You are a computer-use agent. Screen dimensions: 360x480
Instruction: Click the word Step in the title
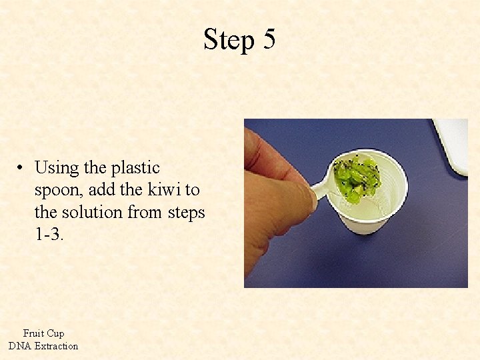click(x=229, y=40)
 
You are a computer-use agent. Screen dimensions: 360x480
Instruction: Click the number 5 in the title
click(x=269, y=39)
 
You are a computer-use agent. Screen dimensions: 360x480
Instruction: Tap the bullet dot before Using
click(x=22, y=168)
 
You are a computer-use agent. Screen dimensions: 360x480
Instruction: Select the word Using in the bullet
click(x=56, y=168)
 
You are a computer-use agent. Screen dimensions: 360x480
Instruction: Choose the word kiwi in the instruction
click(x=160, y=190)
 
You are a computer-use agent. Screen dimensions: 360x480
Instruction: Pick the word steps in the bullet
click(x=186, y=212)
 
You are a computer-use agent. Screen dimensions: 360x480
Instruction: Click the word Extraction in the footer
click(x=56, y=346)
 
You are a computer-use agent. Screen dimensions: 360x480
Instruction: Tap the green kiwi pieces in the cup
click(x=356, y=178)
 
